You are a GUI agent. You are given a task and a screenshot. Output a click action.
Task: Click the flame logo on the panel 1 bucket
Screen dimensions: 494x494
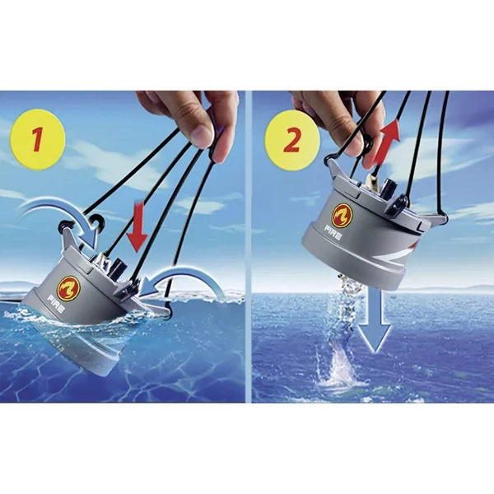pyautogui.click(x=71, y=285)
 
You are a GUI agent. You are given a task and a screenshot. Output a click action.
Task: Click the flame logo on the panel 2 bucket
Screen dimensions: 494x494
pyautogui.click(x=342, y=215)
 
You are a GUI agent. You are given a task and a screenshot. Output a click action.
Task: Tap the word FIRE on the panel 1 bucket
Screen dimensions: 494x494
pyautogui.click(x=57, y=303)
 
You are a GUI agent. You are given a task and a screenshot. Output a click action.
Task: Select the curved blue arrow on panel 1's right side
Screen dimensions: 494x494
pyautogui.click(x=183, y=281)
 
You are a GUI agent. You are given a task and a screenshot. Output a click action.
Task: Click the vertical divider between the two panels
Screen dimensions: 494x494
pyautogui.click(x=249, y=247)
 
